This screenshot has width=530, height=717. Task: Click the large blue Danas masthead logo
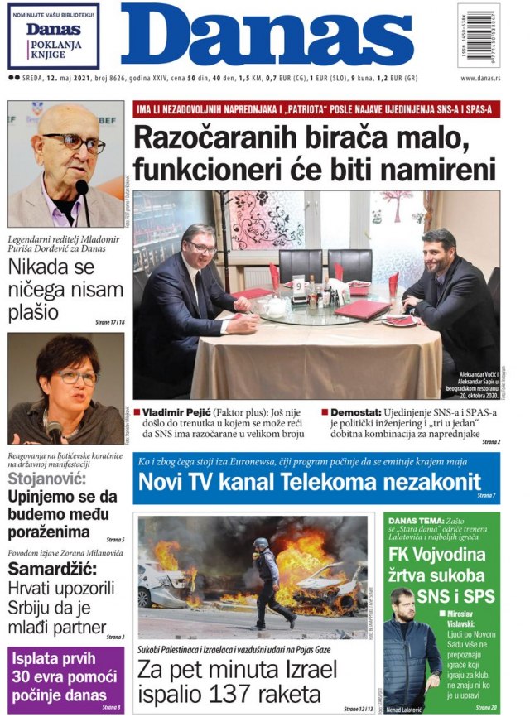click(x=267, y=36)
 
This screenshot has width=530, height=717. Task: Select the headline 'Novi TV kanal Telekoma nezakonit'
click(x=309, y=482)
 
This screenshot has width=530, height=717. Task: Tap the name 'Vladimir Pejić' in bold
click(x=176, y=411)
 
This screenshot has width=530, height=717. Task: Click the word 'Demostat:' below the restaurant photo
click(x=355, y=411)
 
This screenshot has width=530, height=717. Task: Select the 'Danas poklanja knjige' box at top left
click(x=53, y=36)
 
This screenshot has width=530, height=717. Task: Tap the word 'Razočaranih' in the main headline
click(x=219, y=138)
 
